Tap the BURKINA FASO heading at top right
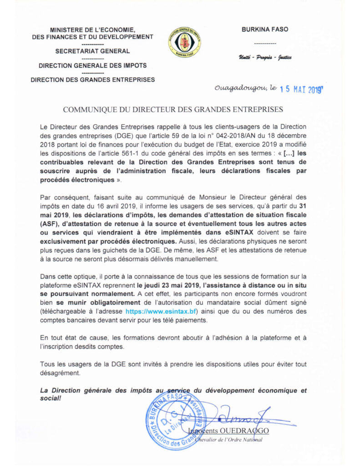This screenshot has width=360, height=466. pyautogui.click(x=264, y=30)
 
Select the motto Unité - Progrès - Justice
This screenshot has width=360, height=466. pyautogui.click(x=264, y=57)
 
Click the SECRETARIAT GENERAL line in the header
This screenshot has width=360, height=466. pyautogui.click(x=92, y=51)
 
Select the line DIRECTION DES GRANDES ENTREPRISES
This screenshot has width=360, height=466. pyautogui.click(x=92, y=80)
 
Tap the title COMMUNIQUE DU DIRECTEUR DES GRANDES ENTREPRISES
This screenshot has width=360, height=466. pyautogui.click(x=173, y=110)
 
